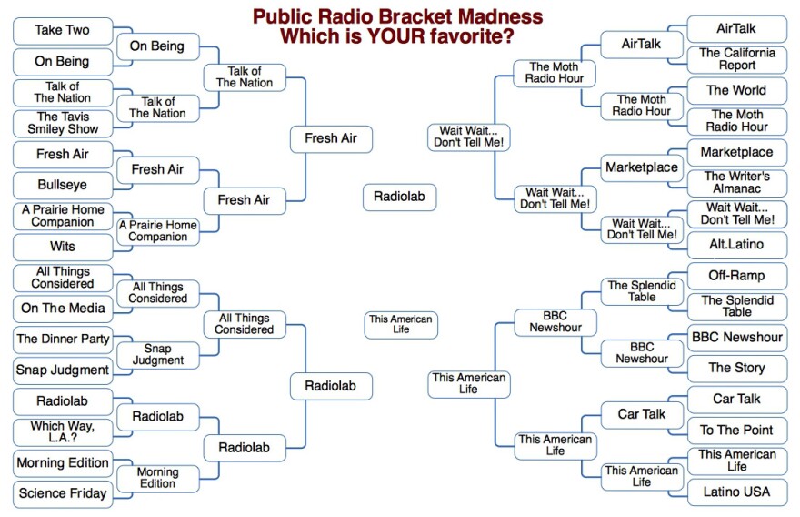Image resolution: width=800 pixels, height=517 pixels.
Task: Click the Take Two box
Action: pyautogui.click(x=62, y=31)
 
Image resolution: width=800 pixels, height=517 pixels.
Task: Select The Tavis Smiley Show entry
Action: pyautogui.click(x=62, y=123)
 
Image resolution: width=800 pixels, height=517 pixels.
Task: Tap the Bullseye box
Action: pyautogui.click(x=62, y=185)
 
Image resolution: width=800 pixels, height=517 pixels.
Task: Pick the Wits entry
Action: pyautogui.click(x=62, y=247)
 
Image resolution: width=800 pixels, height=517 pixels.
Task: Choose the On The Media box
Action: pyautogui.click(x=62, y=309)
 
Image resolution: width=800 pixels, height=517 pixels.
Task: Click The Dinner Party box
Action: pyautogui.click(x=62, y=340)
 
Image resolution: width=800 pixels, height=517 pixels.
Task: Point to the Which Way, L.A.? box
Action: pyautogui.click(x=62, y=432)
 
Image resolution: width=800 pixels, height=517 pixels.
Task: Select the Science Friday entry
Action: pyautogui.click(x=62, y=494)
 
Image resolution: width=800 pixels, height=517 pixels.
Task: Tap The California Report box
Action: pyautogui.click(x=737, y=59)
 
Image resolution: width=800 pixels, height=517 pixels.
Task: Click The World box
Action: pyautogui.click(x=737, y=90)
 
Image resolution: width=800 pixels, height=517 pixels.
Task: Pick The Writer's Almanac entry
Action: pyautogui.click(x=737, y=183)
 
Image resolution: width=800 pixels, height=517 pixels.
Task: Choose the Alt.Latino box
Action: pyautogui.click(x=737, y=245)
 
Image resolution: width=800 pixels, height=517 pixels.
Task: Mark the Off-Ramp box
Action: pyautogui.click(x=737, y=276)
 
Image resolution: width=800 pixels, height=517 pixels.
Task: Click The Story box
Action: pyautogui.click(x=737, y=369)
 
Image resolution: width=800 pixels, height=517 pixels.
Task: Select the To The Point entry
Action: pyautogui.click(x=737, y=431)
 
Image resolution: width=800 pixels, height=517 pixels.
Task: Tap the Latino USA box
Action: pyautogui.click(x=737, y=492)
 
